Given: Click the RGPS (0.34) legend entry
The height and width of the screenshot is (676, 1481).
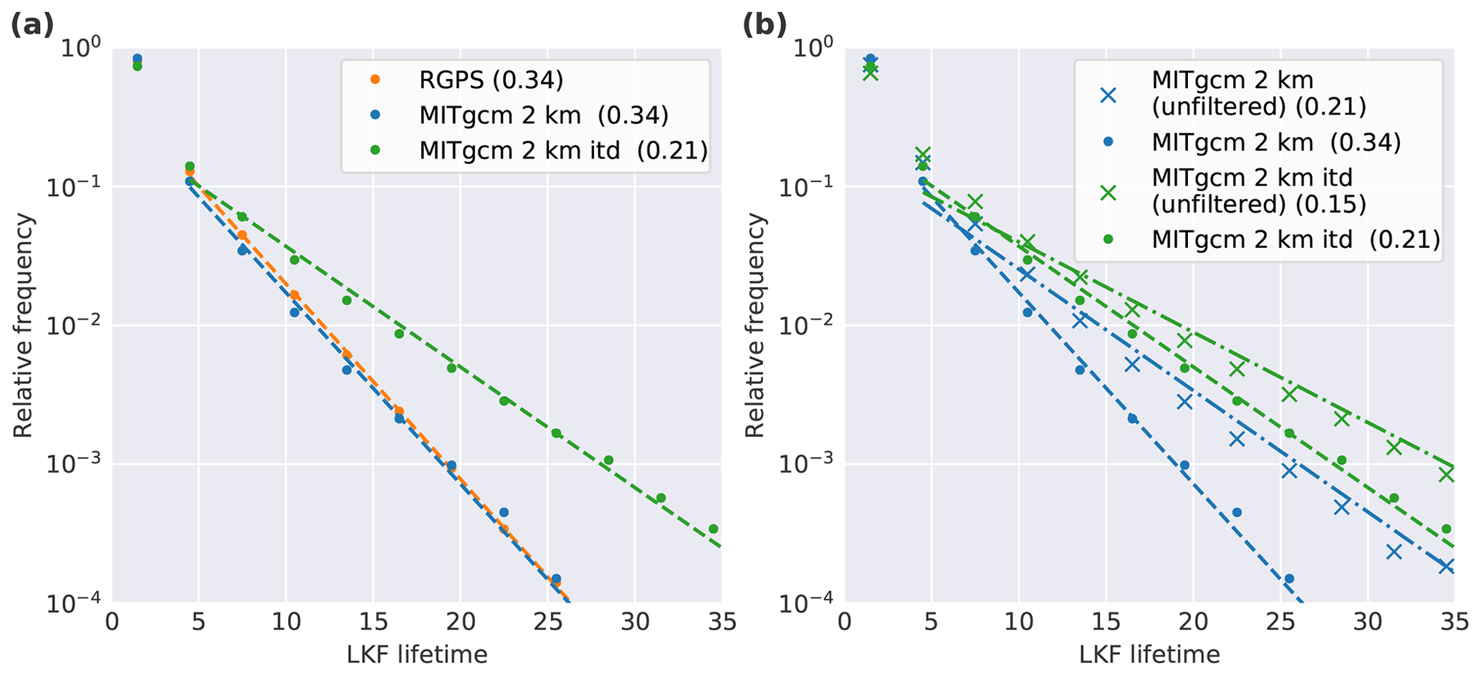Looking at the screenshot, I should point(492,80).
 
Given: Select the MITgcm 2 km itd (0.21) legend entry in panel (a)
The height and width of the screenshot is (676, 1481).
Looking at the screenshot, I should point(563,150).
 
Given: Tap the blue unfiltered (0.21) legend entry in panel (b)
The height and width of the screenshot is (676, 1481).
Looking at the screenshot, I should point(1258,94).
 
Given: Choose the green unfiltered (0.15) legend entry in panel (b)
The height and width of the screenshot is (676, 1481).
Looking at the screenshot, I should point(1258,191).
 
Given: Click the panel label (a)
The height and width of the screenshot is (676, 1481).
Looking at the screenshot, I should point(32,26).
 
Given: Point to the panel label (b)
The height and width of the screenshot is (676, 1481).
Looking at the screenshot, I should point(765,26).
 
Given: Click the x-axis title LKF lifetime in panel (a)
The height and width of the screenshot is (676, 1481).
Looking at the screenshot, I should point(417,655).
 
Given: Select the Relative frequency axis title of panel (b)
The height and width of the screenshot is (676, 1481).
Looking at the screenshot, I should point(755,326).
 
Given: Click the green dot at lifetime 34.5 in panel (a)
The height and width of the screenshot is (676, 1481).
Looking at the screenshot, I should point(713,529).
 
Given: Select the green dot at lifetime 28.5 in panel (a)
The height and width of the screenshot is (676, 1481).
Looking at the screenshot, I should point(608,460).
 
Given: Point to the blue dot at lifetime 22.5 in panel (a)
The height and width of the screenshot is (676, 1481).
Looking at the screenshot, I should point(504,513).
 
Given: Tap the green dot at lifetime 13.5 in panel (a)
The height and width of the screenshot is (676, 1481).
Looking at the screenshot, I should point(347,301).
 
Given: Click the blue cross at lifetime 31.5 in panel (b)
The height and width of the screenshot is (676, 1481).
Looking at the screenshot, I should point(1394,551).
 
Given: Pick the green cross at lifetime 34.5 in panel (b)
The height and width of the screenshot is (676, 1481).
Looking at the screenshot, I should point(1446,474).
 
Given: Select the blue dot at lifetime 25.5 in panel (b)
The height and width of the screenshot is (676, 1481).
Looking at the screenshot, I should point(1289,579).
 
